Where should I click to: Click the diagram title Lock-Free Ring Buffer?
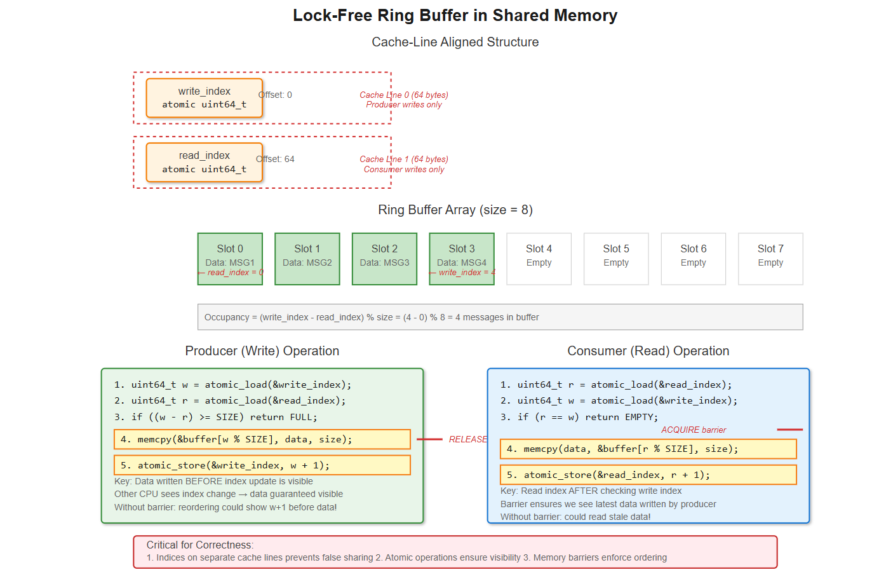pyautogui.click(x=455, y=15)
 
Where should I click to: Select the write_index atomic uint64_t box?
pyautogui.click(x=204, y=98)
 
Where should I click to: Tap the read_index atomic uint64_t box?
pyautogui.click(x=204, y=162)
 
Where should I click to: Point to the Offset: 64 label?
pyautogui.click(x=276, y=159)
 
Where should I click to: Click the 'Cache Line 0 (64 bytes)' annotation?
pyautogui.click(x=404, y=95)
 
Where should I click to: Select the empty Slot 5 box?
pyautogui.click(x=616, y=258)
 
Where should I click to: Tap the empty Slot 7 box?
pyautogui.click(x=770, y=258)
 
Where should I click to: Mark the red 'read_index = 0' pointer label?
pyautogui.click(x=231, y=272)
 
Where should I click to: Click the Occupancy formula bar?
pyautogui.click(x=500, y=317)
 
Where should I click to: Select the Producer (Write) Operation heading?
pyautogui.click(x=262, y=351)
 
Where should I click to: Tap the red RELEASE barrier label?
pyautogui.click(x=468, y=439)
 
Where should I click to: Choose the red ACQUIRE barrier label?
pyautogui.click(x=694, y=430)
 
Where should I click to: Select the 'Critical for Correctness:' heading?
pyautogui.click(x=200, y=545)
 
